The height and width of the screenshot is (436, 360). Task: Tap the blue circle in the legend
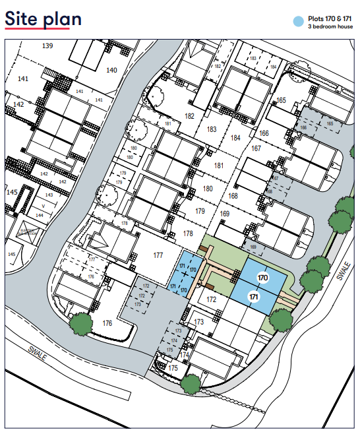pos(299,22)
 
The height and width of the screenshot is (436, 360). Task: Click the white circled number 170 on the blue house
pos(262,278)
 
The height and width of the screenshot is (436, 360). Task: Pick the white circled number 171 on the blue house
pos(253,298)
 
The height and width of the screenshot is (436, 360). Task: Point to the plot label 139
pos(47,46)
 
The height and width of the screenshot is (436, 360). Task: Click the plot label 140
pos(111,70)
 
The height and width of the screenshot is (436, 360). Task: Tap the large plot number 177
pos(158,255)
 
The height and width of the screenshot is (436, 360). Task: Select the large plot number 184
pos(236,138)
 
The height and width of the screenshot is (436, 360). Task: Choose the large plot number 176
pos(108,324)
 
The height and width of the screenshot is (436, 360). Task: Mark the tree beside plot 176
pos(80,324)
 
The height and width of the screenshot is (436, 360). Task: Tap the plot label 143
pos(49,195)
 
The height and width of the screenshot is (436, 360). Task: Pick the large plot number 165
pos(282,100)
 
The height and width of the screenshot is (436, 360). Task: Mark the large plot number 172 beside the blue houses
pos(211,299)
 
